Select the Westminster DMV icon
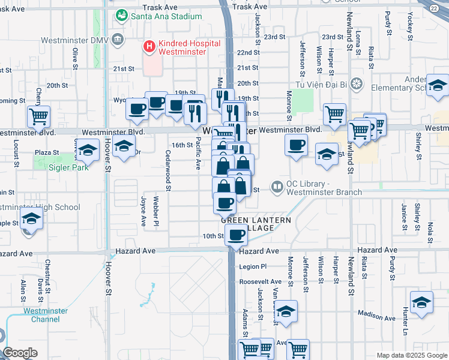pos(117,40)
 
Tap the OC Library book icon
pos(277,187)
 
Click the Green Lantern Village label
pos(256,224)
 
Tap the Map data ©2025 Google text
pos(411,355)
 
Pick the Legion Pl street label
pos(252,266)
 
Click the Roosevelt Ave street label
pos(260,281)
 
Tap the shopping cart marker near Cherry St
pos(39,116)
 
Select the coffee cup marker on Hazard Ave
pos(237,235)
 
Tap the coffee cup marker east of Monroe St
pos(295,145)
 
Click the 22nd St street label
pos(247,53)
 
